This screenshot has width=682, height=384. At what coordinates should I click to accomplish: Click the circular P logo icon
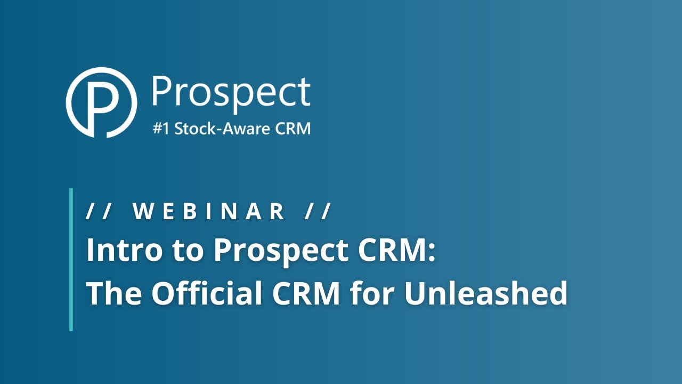(101, 102)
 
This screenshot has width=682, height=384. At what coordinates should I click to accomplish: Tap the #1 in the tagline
(161, 129)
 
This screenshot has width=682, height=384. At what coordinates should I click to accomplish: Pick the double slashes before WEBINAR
(98, 212)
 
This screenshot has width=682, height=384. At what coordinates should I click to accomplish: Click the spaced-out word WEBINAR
(208, 212)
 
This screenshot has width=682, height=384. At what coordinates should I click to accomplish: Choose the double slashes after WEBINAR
(319, 212)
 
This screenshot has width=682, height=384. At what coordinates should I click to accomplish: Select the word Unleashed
(485, 293)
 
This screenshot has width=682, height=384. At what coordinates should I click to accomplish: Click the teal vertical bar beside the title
(71, 259)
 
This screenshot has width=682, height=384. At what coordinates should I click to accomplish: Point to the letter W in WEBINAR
(142, 212)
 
